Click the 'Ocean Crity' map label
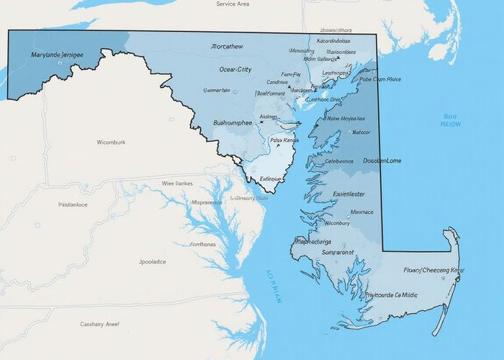tap(235, 69)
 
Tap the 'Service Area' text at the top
tap(233, 4)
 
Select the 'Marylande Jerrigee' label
tap(58, 54)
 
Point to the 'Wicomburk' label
tap(110, 142)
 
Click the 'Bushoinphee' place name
tap(233, 122)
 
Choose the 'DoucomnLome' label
tap(382, 161)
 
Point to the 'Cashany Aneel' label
tap(100, 323)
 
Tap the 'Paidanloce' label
tap(72, 204)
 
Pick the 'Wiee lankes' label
tap(177, 183)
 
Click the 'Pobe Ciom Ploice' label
tap(379, 80)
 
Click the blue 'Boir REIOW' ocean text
tap(451, 120)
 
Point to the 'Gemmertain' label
tap(217, 90)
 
